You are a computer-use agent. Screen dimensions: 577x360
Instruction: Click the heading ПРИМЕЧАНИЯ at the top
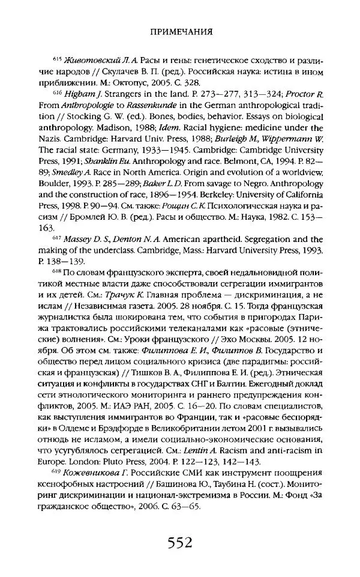[180, 35]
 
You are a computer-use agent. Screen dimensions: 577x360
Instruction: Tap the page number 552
[180, 544]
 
